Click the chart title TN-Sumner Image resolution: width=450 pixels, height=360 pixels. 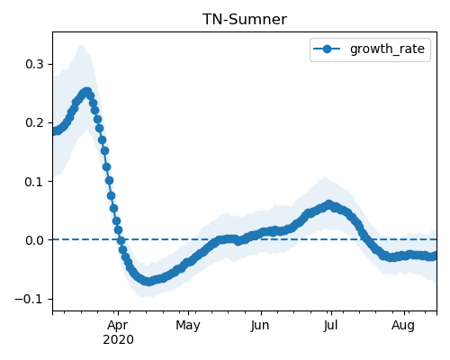pos(245,20)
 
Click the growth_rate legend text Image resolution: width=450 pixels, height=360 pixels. pos(387,49)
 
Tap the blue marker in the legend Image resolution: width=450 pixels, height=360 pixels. pos(327,49)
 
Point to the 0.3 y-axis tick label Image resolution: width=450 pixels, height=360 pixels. pos(34,64)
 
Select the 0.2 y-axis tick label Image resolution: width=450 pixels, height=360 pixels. pos(34,122)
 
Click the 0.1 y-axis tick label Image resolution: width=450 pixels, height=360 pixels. pos(34,182)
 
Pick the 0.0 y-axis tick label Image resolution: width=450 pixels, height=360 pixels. pos(34,240)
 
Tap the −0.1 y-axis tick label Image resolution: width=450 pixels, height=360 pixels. pos(29,299)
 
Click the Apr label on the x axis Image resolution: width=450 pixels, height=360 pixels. pos(118,326)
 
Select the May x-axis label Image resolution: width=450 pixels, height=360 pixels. pos(188,326)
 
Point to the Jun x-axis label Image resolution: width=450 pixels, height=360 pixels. pos(260,325)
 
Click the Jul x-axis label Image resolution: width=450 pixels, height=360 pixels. pos(330,325)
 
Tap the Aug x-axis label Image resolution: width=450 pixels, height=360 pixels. pos(403,326)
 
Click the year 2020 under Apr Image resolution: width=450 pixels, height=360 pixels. pos(118,340)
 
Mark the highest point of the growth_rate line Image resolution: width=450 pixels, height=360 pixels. pos(87,92)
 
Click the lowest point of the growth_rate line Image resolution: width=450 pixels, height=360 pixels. pos(148,282)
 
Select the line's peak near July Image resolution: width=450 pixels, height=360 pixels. pos(329,204)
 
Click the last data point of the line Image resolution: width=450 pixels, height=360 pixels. pos(435,256)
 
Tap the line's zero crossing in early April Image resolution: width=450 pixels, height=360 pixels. pos(121,240)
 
